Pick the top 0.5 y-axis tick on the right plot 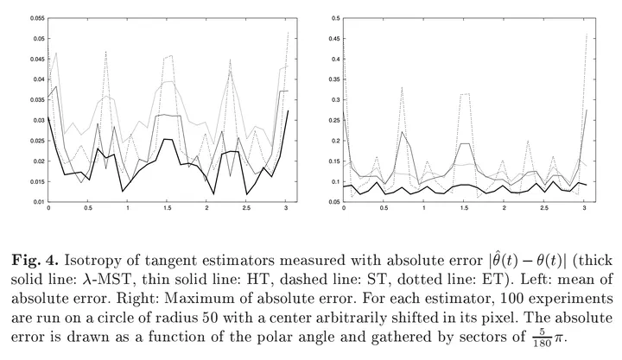(333, 18)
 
